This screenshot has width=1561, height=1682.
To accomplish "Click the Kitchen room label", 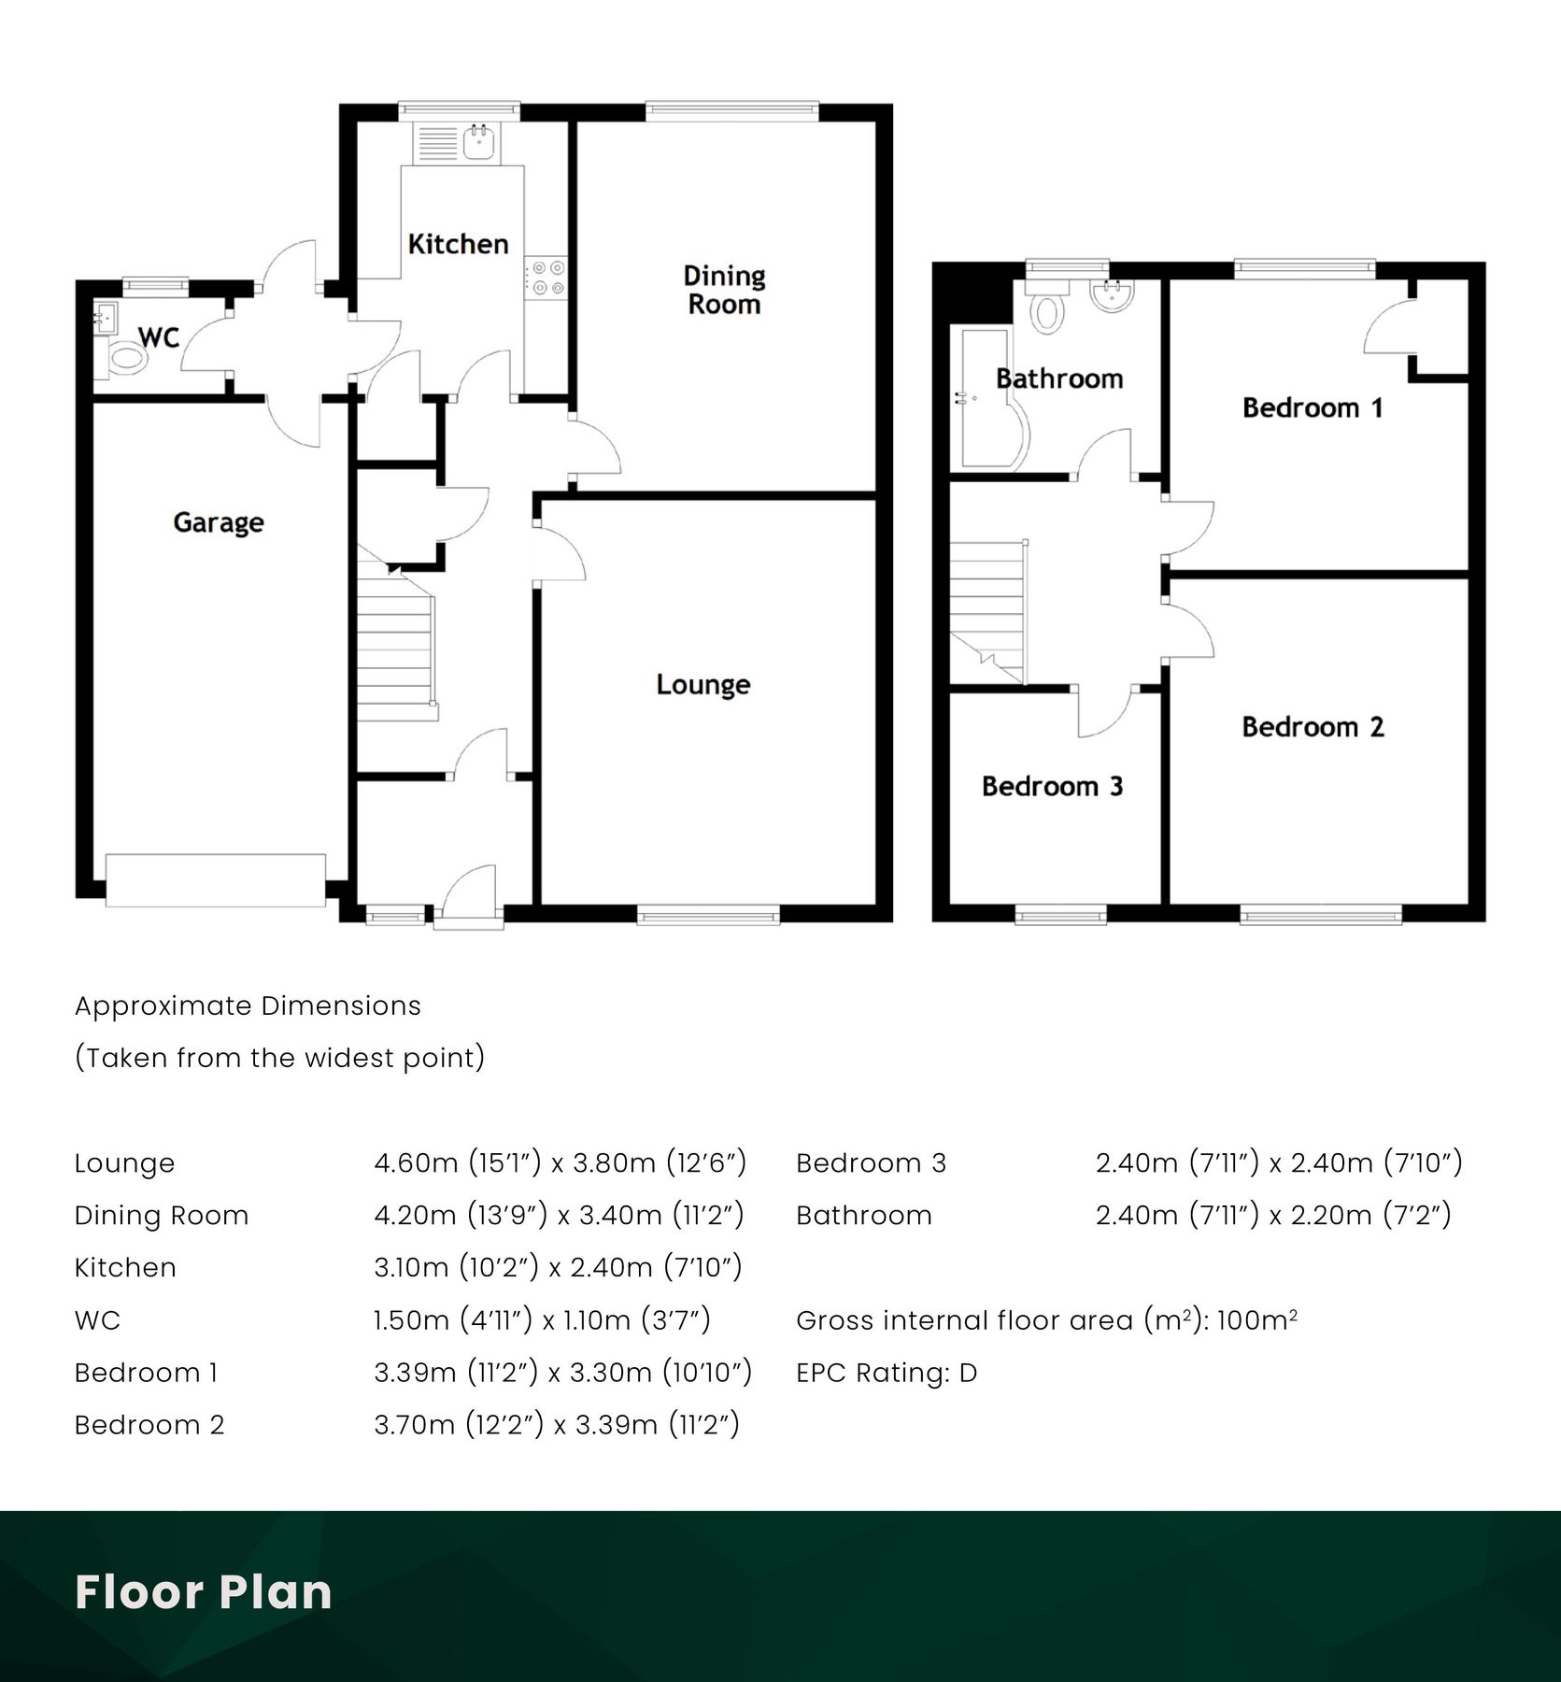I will pos(458,244).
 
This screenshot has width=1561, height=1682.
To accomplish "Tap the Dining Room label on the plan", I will pos(724,290).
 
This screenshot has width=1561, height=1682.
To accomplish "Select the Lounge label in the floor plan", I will pos(702,685).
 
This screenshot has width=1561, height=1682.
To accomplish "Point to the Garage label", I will pos(218,522).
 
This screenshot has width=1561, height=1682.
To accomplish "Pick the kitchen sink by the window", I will pos(480,142).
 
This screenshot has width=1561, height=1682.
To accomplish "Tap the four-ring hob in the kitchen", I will pos(546,278).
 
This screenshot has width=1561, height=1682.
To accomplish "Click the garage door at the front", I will pos(216,879).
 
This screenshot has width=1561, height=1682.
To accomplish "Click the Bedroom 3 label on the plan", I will pos(1052,787).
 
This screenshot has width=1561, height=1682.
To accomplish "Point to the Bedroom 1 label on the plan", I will pos(1312,408).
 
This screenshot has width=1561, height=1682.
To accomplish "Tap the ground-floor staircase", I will pos(396,654).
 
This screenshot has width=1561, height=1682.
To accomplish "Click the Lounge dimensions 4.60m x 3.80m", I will pos(560,1163).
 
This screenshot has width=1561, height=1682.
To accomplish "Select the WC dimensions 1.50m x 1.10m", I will pos(542,1320).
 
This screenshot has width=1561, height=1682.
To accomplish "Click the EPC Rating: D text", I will pos(887,1373).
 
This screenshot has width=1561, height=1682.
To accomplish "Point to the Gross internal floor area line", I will pos(1046,1320).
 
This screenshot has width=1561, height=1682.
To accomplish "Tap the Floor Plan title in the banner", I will pos(204,1592).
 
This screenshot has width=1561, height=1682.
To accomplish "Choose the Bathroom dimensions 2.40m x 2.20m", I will pos(1273,1216).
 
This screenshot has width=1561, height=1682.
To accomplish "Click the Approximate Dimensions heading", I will pos(248,1006).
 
